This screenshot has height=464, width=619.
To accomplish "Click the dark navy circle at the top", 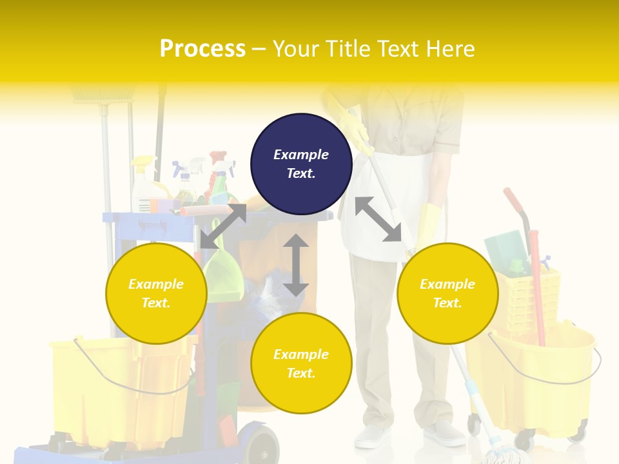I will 301,164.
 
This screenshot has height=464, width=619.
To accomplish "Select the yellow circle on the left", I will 156,293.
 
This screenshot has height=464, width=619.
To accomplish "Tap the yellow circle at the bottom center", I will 301,363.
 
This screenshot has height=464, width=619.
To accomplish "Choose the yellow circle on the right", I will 447,293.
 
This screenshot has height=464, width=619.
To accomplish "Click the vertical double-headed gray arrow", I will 296,266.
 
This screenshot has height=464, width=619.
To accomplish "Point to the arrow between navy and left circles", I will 223,226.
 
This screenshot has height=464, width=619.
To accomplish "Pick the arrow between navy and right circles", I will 378,219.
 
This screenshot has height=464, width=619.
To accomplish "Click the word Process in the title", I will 202,48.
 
